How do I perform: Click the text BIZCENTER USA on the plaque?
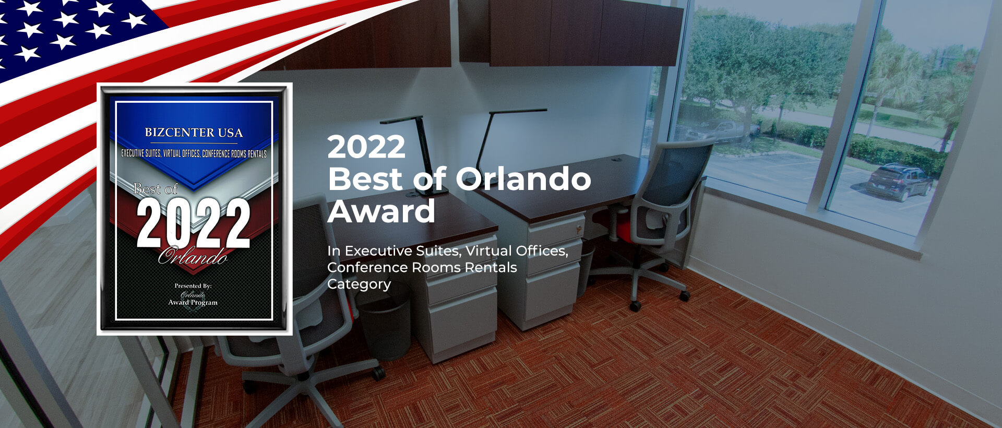[194, 133]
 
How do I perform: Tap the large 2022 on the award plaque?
[194, 224]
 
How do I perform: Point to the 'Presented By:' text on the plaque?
[193, 286]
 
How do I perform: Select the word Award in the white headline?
[381, 211]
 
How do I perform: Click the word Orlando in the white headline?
[523, 179]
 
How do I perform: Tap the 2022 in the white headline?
[366, 147]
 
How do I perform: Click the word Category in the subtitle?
[359, 284]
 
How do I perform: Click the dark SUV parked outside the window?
[900, 182]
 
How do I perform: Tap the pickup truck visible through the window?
[723, 130]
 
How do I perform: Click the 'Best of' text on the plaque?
[156, 188]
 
